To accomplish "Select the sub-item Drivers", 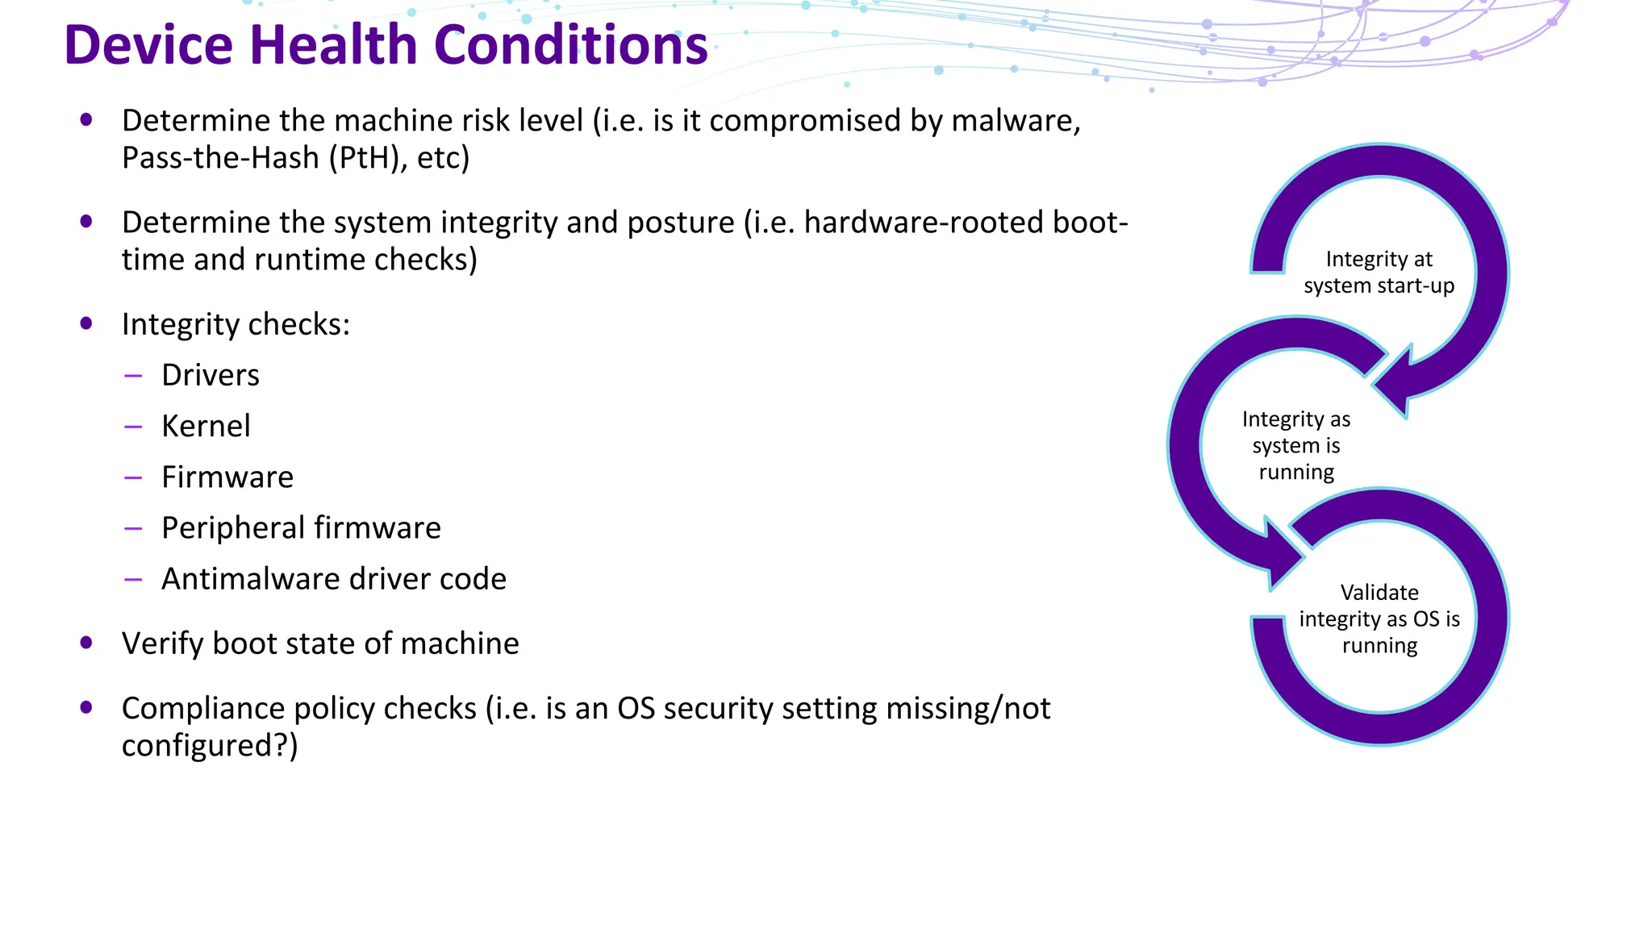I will pyautogui.click(x=211, y=375).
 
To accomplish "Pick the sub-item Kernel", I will pyautogui.click(x=206, y=426).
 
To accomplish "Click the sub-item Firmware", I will pyautogui.click(x=227, y=477).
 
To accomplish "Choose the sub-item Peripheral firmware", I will pyautogui.click(x=301, y=527).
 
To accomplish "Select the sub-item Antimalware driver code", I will pyautogui.click(x=334, y=579).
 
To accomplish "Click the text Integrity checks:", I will pyautogui.click(x=236, y=324).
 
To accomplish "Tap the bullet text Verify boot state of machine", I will pyautogui.click(x=320, y=644).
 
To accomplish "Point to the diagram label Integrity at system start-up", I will pyautogui.click(x=1379, y=273).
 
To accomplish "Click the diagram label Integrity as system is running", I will pyautogui.click(x=1296, y=445).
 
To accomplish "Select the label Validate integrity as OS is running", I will pyautogui.click(x=1379, y=619).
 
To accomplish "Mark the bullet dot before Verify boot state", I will pyautogui.click(x=86, y=643).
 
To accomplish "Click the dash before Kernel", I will pyautogui.click(x=133, y=427).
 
